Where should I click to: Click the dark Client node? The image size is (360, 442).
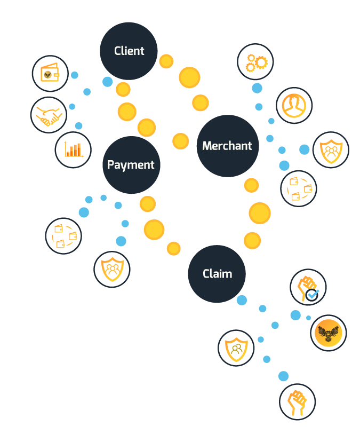(129, 51)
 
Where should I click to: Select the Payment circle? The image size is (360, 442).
(131, 165)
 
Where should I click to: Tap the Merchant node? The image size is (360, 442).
(228, 146)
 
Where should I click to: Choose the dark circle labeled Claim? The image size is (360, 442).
(217, 274)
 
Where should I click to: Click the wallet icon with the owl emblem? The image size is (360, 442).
(50, 73)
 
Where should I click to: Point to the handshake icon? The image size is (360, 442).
(49, 115)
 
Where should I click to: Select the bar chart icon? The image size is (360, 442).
(73, 149)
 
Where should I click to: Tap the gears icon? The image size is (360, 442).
(255, 62)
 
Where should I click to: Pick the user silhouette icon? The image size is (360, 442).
(294, 105)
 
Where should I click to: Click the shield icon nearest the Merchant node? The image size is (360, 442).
(331, 149)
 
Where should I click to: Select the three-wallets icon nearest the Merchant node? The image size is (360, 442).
(299, 188)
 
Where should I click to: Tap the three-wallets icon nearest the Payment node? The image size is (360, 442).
(63, 236)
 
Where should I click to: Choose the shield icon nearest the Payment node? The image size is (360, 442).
(112, 270)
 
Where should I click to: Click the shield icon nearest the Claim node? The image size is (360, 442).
(236, 348)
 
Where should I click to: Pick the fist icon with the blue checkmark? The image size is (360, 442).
(308, 287)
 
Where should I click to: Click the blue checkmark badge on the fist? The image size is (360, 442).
(312, 295)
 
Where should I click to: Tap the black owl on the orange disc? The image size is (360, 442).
(329, 333)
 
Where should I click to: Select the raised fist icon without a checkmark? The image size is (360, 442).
(298, 402)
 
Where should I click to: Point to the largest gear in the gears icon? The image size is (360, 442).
(261, 62)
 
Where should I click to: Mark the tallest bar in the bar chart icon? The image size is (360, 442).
(79, 149)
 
